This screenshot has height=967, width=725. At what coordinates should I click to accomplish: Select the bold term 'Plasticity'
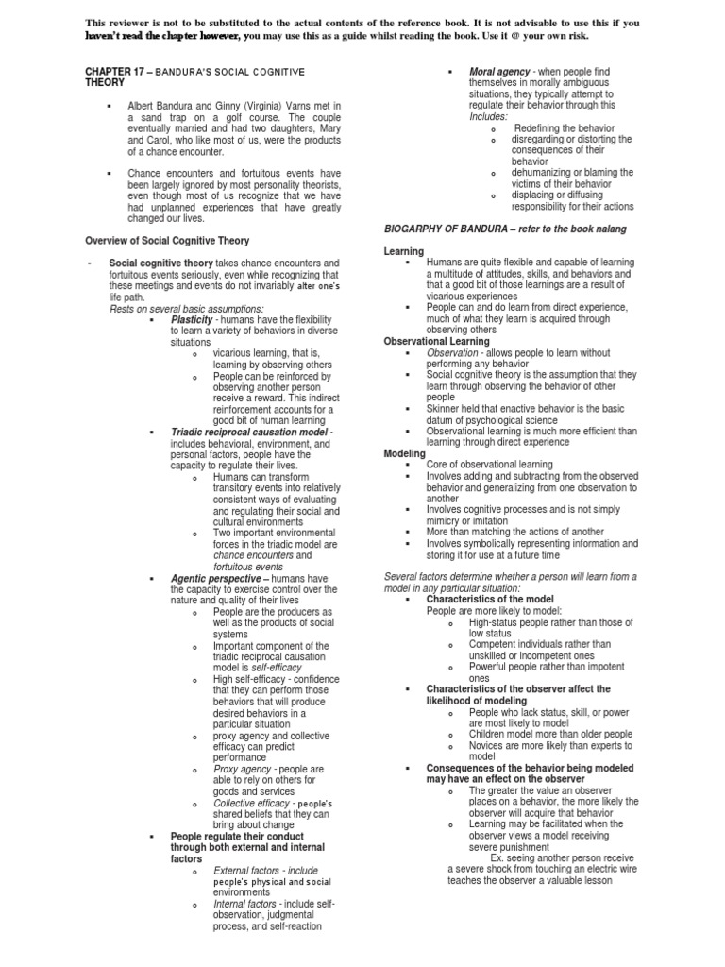[194, 319]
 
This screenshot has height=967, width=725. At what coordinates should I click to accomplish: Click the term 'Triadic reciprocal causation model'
[249, 432]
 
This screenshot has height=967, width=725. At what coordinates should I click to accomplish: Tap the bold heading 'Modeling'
[405, 453]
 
